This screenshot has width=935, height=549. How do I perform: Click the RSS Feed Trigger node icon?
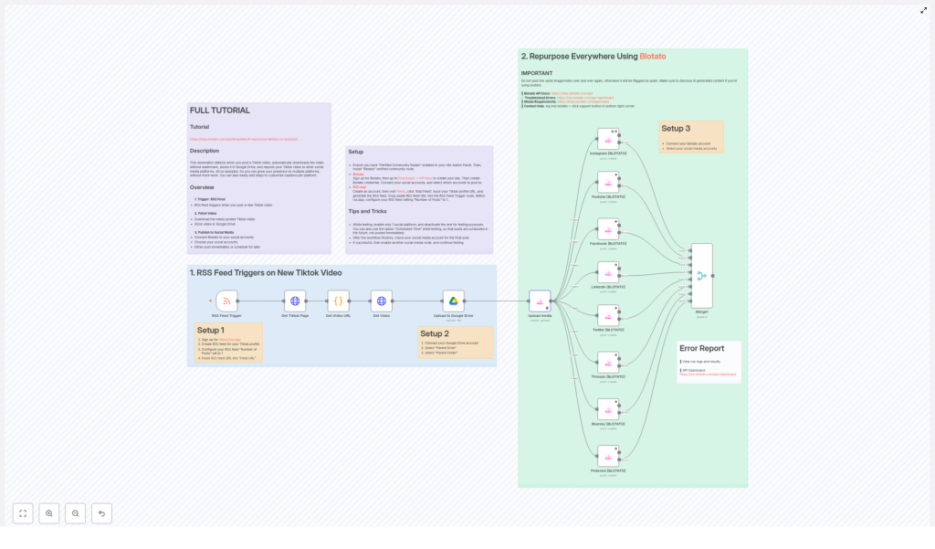point(227,301)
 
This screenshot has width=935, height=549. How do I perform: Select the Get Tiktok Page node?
point(294,301)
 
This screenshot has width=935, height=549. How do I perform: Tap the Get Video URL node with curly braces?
point(338,301)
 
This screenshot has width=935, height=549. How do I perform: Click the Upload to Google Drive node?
point(454,301)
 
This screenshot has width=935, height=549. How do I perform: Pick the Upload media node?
point(540,301)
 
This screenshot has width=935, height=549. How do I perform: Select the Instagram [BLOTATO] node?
point(608,139)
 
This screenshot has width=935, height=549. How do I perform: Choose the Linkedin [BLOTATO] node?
point(608,272)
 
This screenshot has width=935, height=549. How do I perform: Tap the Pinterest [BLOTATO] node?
point(608,455)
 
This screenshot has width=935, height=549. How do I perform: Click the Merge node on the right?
point(701,275)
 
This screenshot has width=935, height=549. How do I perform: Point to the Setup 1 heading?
point(210,331)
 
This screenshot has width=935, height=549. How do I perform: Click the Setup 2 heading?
point(435,333)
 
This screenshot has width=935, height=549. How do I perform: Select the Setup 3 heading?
point(676,129)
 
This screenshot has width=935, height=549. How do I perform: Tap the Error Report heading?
point(702,348)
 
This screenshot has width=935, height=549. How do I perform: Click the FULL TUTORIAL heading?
point(219,111)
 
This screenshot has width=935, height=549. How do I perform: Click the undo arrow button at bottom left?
point(101,513)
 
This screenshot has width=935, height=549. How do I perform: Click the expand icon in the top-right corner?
point(923,11)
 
